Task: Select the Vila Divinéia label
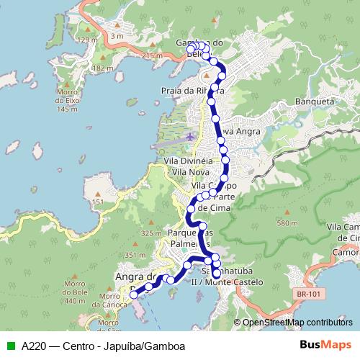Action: point(188,162)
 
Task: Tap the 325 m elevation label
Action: point(152,233)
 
